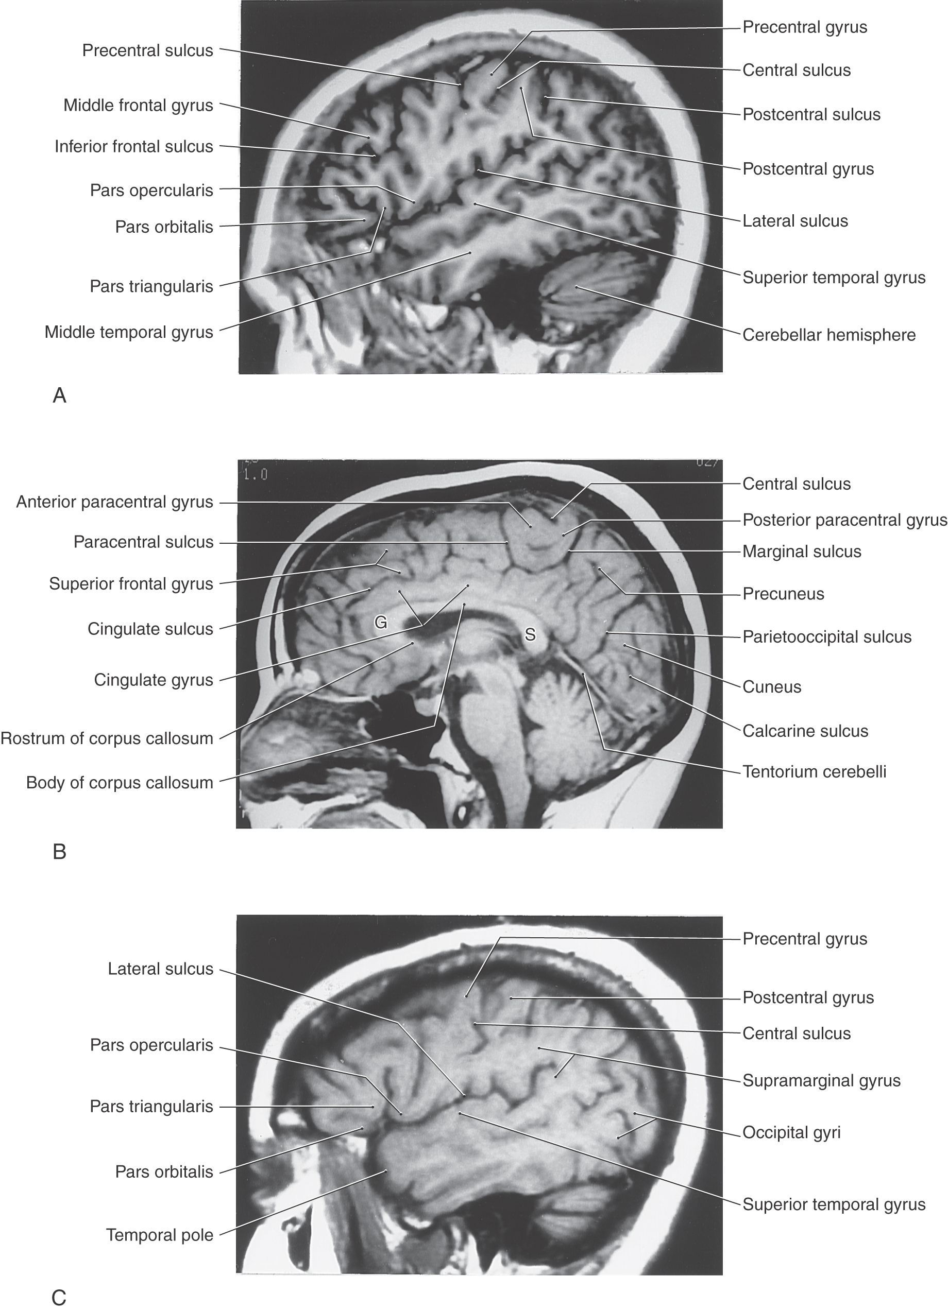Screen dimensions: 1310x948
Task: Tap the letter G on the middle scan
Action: (x=380, y=622)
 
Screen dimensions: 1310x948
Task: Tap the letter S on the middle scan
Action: (x=530, y=635)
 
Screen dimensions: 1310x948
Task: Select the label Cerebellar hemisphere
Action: (x=829, y=335)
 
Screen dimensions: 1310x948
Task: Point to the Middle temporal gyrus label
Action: (x=129, y=332)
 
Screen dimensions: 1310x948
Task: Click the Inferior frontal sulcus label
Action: (x=133, y=147)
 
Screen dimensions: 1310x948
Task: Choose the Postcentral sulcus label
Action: (x=811, y=114)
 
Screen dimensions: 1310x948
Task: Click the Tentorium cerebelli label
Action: (x=814, y=772)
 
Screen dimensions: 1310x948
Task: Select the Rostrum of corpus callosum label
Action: (x=107, y=738)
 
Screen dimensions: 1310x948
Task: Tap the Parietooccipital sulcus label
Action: (x=826, y=637)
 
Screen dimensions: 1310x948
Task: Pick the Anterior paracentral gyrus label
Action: (x=114, y=503)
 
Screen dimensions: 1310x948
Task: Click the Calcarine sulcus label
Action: (x=805, y=731)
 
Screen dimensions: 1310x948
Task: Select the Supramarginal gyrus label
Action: (x=821, y=1081)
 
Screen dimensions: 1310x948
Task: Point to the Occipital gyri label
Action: (x=791, y=1133)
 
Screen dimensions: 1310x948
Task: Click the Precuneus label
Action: (x=783, y=594)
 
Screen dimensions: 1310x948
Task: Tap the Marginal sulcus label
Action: (x=802, y=551)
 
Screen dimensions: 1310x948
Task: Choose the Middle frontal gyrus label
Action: (x=138, y=106)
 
